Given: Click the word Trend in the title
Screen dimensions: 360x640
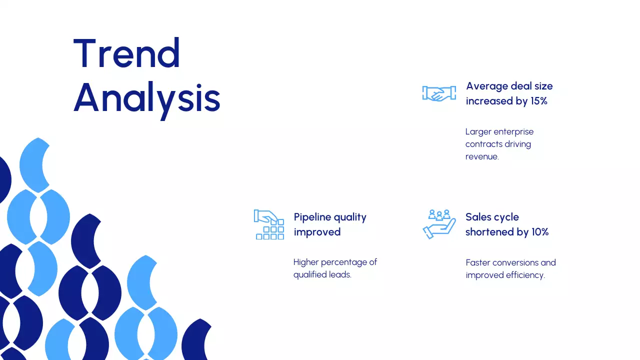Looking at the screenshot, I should coord(126,53).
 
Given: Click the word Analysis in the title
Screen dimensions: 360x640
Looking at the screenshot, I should coord(146,98).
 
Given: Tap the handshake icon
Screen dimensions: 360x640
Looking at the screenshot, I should coord(439,93).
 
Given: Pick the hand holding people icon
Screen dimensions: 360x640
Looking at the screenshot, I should coord(439,224).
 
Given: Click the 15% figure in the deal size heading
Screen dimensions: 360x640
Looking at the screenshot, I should coord(538,101).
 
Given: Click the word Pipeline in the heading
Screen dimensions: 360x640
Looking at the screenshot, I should coord(312,217).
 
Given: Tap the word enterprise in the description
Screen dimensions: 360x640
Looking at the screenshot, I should coord(513,132).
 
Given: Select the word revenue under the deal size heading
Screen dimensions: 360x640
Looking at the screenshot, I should coord(481,156).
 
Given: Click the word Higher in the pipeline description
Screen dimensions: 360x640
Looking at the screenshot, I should coord(306,262).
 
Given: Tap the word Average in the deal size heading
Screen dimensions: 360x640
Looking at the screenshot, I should coord(486,86).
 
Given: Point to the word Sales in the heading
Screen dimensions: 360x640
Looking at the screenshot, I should coord(477,217).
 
